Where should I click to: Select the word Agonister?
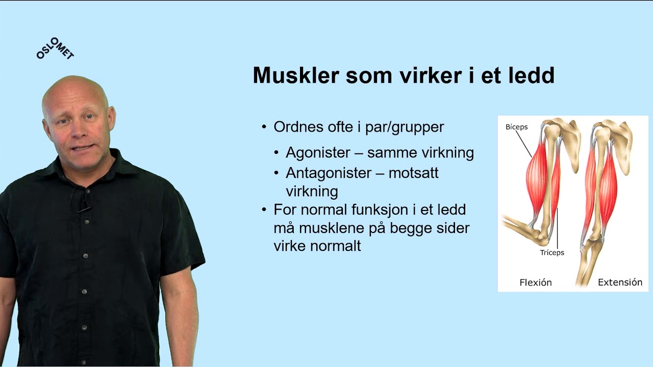point(318,152)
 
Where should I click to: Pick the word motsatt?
point(413,173)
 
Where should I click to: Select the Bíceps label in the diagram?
point(516,127)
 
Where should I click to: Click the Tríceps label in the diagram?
point(552,252)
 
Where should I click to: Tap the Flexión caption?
point(535,282)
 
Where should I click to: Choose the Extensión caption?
point(620,282)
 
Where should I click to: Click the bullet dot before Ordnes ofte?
point(264,127)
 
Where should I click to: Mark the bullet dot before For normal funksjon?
point(264,209)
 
